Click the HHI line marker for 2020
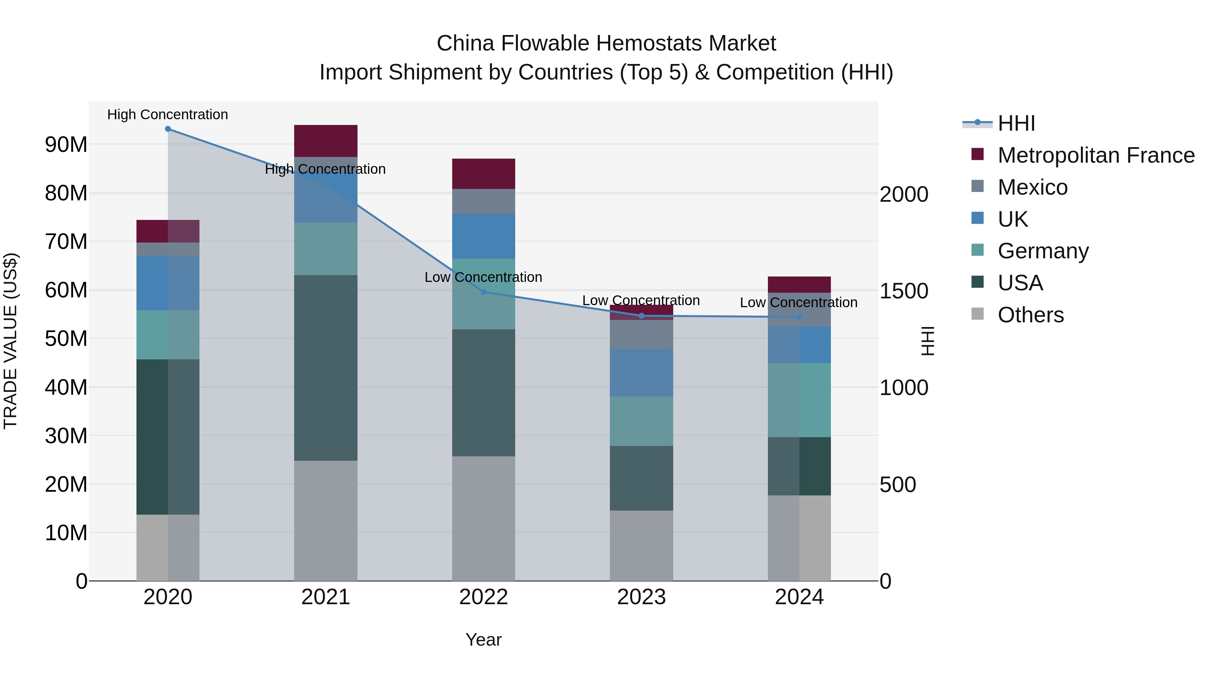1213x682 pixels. (168, 129)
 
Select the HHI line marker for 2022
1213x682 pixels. (484, 292)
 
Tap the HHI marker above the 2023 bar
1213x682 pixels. (641, 316)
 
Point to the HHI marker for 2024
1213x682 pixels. (799, 317)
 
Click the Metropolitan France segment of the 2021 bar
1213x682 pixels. (325, 141)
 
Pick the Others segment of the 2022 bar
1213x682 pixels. (484, 518)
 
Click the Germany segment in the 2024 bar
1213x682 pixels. (799, 400)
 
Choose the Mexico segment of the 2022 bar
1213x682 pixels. (484, 201)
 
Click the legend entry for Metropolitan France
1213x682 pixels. (1095, 155)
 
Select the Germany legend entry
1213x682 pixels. (1043, 251)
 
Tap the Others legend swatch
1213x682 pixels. (977, 314)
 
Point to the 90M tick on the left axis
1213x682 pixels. (66, 144)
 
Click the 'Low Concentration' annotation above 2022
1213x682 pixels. (483, 277)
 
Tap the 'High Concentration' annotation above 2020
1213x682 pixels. (168, 115)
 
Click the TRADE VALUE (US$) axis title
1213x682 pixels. (10, 341)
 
